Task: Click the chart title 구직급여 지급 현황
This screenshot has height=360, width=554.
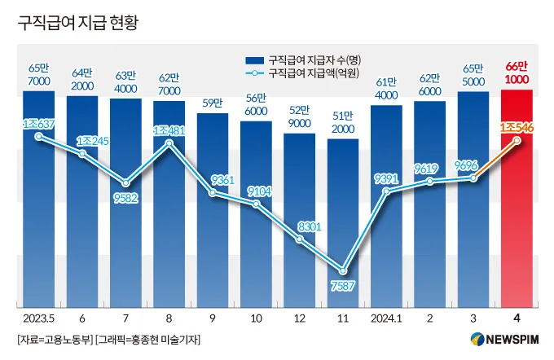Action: click(x=77, y=22)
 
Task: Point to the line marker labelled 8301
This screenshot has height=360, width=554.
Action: click(x=300, y=239)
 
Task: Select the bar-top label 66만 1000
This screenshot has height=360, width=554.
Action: click(x=517, y=72)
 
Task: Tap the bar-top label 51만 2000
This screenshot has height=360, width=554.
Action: click(x=343, y=122)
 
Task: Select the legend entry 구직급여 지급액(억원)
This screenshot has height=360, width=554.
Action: click(x=314, y=74)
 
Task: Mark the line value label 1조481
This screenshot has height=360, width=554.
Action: click(x=169, y=130)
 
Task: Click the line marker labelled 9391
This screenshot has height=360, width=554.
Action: click(x=387, y=191)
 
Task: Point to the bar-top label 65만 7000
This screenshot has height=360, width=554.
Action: click(x=38, y=75)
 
